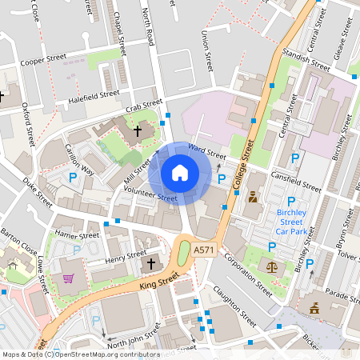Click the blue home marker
[x=180, y=172]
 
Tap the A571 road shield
[x=204, y=250]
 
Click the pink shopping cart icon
[x=68, y=278]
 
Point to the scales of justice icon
[x=273, y=267]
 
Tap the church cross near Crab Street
[x=137, y=130]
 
